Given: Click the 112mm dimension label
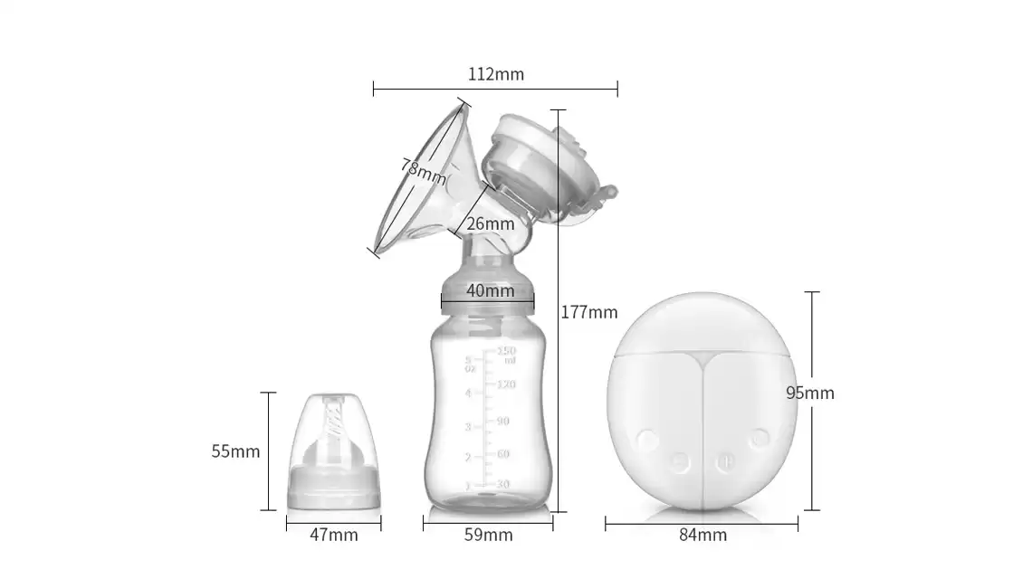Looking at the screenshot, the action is click(495, 74).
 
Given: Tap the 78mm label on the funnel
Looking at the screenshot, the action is click(423, 172).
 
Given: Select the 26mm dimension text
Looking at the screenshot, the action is click(491, 223).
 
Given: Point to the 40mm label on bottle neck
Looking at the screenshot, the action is click(491, 290).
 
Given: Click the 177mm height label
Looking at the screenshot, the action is click(589, 312).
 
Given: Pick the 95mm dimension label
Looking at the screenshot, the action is click(810, 393).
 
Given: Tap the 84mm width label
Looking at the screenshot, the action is click(702, 536).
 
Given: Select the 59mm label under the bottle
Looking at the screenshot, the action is click(488, 536).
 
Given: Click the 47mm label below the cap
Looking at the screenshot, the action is click(334, 536).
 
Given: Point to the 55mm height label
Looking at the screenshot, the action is click(235, 451).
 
